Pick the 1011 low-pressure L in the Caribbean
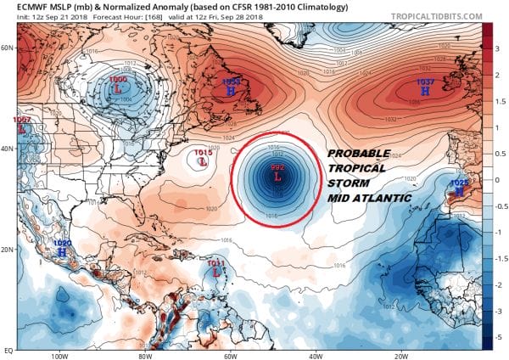[x=216, y=273]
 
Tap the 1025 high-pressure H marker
[x=459, y=192]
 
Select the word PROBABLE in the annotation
[x=359, y=153]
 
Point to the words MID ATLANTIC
[x=368, y=198]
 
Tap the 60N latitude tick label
[x=9, y=48]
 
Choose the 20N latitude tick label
[x=9, y=250]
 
